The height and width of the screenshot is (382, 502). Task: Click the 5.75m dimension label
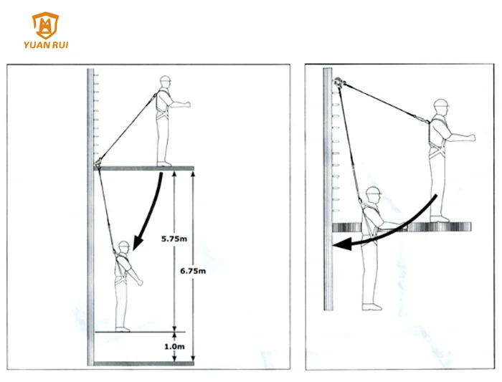[174, 239]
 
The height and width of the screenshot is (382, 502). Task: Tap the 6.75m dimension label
[193, 271]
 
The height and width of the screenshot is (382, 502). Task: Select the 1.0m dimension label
[174, 346]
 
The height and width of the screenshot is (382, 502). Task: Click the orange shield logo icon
[45, 26]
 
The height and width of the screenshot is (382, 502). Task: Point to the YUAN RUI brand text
[46, 44]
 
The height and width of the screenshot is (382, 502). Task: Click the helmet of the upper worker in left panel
[165, 80]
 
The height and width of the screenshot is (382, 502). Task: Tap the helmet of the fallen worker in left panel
[124, 244]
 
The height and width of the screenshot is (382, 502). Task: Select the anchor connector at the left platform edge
[98, 162]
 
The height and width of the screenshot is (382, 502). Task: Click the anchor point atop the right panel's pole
[338, 82]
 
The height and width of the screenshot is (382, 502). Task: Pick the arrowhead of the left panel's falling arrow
[138, 242]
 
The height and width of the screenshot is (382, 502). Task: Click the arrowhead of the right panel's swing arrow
[343, 244]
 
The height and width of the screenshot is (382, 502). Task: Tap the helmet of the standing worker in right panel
[441, 103]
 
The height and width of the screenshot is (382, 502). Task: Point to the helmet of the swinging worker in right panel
[374, 191]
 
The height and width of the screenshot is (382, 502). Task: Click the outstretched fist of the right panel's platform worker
[471, 138]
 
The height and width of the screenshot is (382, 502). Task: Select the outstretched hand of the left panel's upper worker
[186, 105]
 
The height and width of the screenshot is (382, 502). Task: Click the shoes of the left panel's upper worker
[164, 164]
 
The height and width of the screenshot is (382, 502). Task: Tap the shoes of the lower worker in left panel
[123, 329]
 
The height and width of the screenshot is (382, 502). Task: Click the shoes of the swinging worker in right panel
[371, 307]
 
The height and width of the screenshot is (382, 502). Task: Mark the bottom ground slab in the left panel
[143, 363]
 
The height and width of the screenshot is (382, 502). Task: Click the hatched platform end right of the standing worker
[460, 226]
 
